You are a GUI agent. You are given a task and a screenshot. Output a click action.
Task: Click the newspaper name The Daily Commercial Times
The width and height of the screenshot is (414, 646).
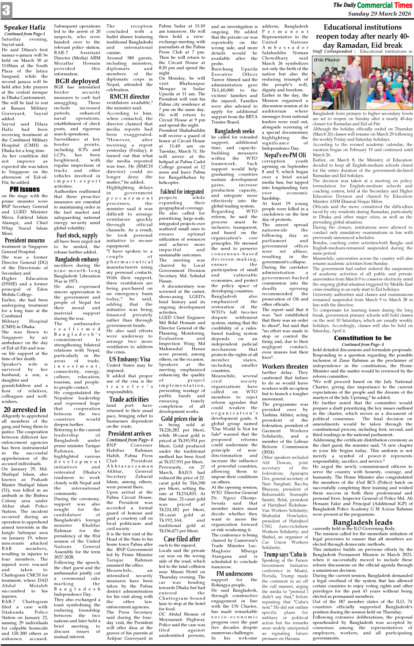(372, 5)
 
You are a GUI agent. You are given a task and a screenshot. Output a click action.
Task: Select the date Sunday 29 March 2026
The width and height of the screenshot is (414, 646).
(379, 14)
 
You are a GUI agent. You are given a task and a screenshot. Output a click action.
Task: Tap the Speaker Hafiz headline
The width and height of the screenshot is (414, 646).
(25, 27)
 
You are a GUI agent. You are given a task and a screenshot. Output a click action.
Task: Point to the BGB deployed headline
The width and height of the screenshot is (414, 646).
(77, 81)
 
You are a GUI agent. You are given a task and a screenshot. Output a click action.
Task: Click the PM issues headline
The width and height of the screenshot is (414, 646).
(25, 189)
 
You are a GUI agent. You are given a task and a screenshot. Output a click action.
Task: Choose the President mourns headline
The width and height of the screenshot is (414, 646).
(25, 241)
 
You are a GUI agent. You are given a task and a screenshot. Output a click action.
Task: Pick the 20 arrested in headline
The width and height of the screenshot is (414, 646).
(24, 409)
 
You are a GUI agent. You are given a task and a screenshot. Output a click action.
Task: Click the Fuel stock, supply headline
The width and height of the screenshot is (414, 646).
(77, 236)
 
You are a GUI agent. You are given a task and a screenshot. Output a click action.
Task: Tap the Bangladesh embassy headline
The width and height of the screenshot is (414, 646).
(77, 260)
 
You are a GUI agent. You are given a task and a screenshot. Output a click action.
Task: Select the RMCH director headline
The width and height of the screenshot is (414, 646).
(129, 96)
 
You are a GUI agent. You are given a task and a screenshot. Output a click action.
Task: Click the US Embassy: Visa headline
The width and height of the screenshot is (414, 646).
(129, 359)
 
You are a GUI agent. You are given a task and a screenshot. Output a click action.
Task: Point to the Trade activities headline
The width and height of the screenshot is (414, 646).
(129, 399)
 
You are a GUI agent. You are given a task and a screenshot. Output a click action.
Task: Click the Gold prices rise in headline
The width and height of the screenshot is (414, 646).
(182, 418)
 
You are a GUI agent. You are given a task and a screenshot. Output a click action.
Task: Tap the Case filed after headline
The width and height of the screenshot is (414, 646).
(182, 539)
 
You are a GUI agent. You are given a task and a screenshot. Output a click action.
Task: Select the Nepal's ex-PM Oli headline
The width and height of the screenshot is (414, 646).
(285, 155)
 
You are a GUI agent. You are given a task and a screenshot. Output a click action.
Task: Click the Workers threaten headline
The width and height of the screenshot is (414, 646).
(285, 366)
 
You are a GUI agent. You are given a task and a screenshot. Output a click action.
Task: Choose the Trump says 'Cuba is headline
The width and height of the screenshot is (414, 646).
(285, 554)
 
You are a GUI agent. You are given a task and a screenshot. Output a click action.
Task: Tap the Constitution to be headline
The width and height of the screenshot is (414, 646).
(362, 338)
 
